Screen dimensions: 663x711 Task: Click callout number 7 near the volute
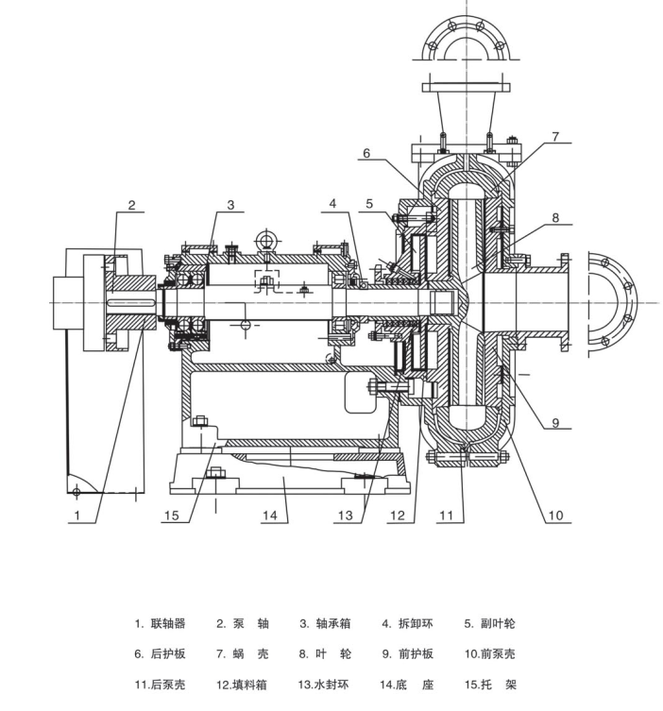[555, 136]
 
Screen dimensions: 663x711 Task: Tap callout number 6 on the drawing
[365, 153]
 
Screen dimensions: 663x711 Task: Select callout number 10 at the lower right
[555, 516]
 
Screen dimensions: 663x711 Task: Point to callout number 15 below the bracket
[172, 516]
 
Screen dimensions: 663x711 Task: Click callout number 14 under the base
[269, 516]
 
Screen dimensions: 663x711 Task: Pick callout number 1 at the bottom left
[77, 516]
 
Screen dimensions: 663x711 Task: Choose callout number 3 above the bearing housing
[230, 205]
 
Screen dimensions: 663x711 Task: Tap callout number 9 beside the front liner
[555, 423]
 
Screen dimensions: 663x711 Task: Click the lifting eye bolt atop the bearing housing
[266, 241]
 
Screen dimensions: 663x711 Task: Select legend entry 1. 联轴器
[160, 623]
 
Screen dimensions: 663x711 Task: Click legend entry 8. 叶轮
[325, 653]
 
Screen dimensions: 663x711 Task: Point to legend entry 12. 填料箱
[241, 685]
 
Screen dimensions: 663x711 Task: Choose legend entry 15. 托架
[490, 685]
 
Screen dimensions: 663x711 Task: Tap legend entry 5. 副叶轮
[490, 623]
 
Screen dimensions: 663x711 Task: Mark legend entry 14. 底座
[407, 685]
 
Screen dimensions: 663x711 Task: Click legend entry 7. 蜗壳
[243, 653]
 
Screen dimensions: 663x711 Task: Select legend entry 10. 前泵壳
[490, 653]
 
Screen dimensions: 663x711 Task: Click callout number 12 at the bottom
[398, 516]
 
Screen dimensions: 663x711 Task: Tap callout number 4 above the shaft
[332, 204]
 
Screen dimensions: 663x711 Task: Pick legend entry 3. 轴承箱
[325, 623]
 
